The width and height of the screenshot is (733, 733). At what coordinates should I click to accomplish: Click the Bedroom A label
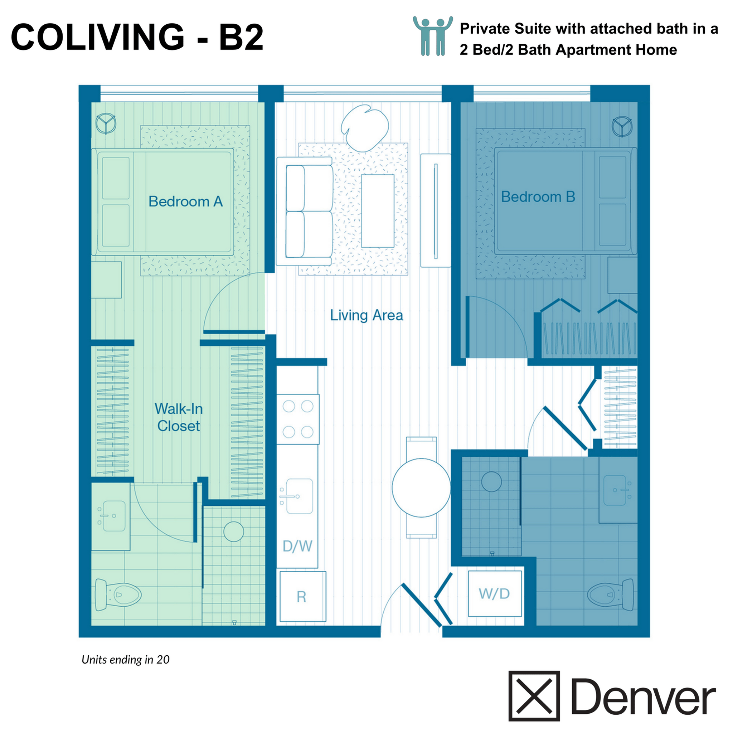(x=185, y=202)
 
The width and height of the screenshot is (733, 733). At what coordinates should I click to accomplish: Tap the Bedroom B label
(x=538, y=197)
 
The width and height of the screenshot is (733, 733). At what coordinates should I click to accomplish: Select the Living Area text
(x=366, y=315)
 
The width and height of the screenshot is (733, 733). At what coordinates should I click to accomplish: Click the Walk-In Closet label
(x=178, y=417)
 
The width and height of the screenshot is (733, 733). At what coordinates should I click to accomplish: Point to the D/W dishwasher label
(x=297, y=546)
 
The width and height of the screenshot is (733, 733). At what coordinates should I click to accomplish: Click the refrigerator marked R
(x=302, y=597)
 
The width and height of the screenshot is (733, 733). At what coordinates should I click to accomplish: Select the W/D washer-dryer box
(x=494, y=594)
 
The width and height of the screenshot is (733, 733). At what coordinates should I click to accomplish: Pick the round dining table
(x=421, y=488)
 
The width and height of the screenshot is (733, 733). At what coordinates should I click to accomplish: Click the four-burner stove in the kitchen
(x=298, y=419)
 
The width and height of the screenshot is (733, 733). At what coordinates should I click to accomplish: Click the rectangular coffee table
(x=378, y=211)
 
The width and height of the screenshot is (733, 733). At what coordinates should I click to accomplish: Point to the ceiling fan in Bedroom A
(x=106, y=123)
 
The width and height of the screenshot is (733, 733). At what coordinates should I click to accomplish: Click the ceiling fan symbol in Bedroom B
(x=622, y=126)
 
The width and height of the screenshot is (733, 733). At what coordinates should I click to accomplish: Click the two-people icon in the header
(x=432, y=36)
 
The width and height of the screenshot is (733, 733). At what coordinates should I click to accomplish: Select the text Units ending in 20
(x=126, y=660)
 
